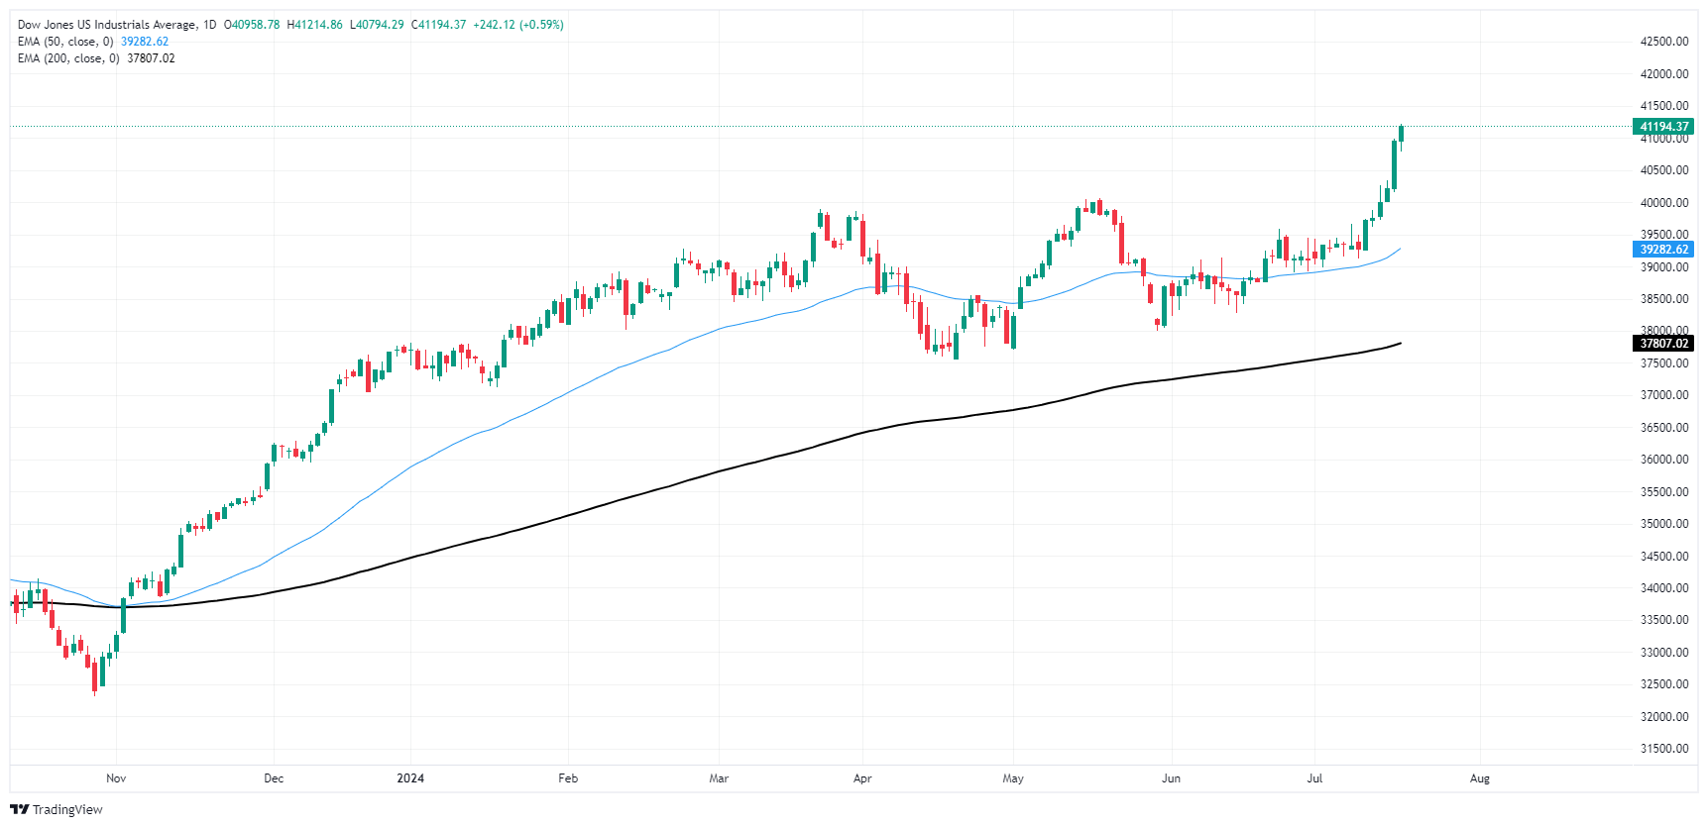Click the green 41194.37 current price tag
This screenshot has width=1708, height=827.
(1663, 127)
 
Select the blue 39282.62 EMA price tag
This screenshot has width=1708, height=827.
(1663, 250)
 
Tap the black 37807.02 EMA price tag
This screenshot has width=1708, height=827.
(1663, 344)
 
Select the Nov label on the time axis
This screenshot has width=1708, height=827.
(116, 778)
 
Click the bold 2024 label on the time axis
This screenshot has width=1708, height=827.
(410, 778)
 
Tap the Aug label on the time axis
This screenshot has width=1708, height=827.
(1479, 778)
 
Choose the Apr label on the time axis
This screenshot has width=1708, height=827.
(862, 778)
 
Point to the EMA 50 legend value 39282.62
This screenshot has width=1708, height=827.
(145, 42)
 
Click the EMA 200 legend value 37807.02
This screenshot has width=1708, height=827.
(151, 58)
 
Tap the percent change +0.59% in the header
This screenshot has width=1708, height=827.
(541, 25)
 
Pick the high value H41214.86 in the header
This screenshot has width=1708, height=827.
(314, 25)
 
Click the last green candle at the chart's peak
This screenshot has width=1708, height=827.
(1401, 133)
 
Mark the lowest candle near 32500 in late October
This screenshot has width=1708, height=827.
(95, 676)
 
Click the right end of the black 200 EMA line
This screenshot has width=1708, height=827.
(1400, 344)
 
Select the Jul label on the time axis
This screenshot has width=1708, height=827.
(1314, 778)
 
